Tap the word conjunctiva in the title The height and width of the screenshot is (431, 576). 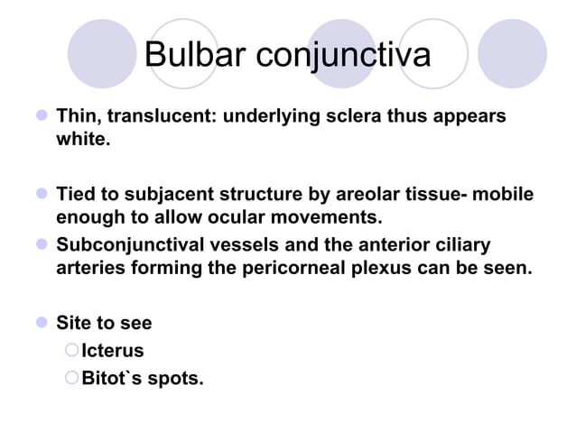[344, 57]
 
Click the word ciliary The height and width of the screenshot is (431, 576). [461, 245]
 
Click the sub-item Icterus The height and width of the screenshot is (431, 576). [112, 351]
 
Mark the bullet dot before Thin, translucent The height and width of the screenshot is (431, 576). [41, 118]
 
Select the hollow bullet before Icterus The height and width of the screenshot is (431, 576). [73, 351]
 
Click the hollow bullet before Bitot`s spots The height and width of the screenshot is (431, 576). [73, 377]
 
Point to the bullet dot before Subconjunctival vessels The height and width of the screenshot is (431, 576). [41, 245]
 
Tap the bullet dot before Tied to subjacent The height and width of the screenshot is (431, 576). [41, 196]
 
